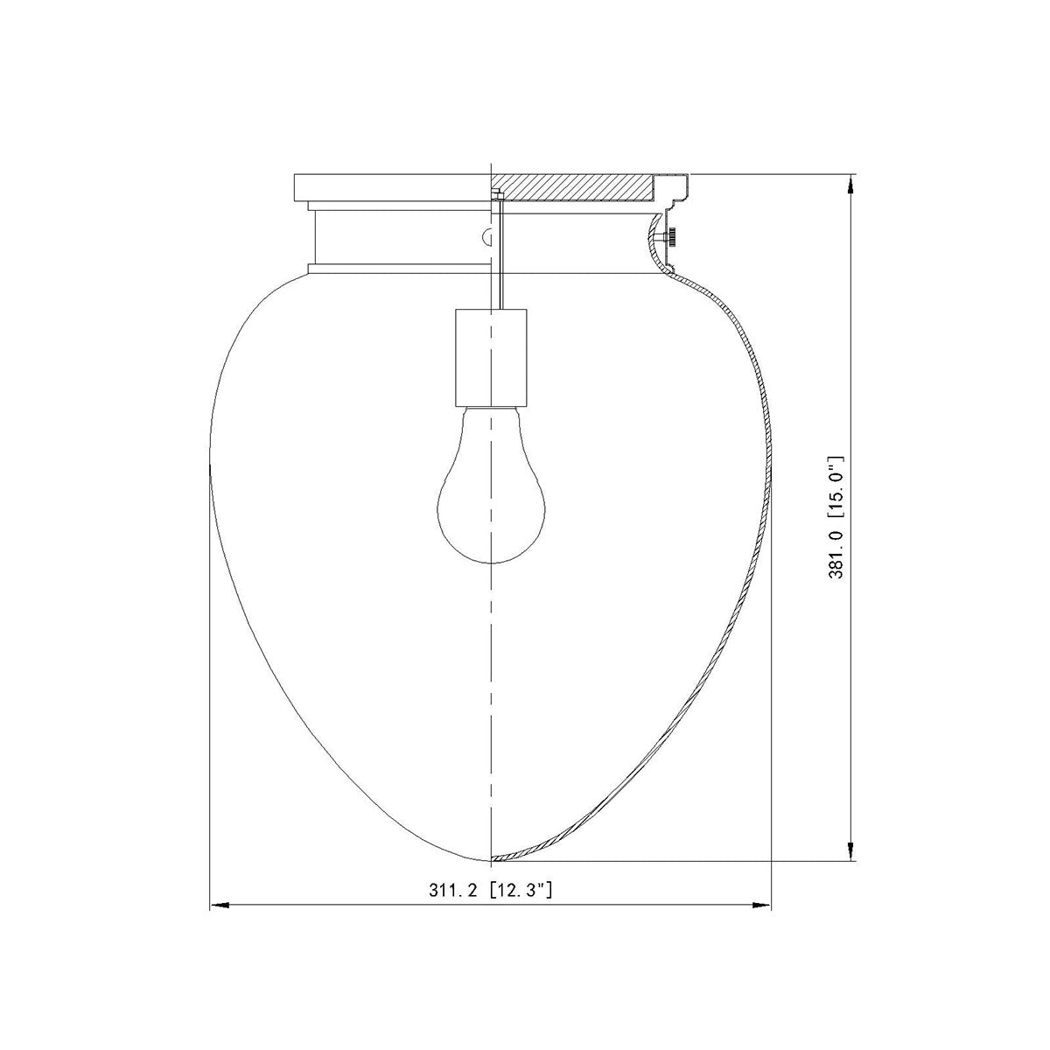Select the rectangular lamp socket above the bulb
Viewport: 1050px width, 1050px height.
[492, 358]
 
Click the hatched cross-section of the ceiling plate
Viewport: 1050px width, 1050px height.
[572, 187]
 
